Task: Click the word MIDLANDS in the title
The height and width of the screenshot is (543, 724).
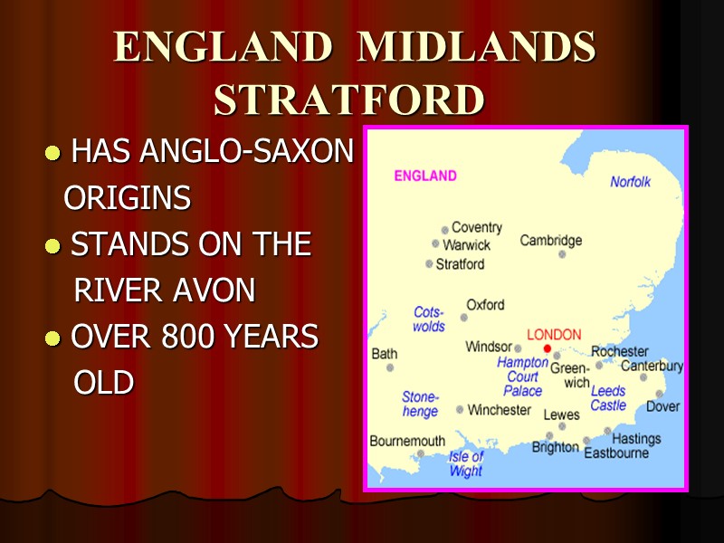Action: coord(477,47)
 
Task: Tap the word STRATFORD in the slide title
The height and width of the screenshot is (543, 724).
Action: coord(348,100)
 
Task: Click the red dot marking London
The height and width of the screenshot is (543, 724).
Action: coord(546,348)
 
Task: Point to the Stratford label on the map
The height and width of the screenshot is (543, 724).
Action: coord(460,264)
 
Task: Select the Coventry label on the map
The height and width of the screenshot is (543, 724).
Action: coord(476,227)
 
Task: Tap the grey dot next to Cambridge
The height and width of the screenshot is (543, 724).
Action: coord(562,254)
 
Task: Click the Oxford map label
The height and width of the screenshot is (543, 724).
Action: coord(485,305)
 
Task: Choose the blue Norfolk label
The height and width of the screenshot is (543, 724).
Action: coord(630,182)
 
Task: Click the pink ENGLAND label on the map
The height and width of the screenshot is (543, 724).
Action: coord(425,176)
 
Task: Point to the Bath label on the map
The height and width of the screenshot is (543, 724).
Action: coord(385,354)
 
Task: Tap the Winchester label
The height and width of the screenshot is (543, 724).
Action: coord(500,410)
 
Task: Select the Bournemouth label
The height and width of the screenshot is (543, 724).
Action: coord(407,442)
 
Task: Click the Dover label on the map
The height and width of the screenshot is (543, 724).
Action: coord(662,406)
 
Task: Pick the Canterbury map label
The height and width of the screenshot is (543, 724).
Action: coord(652,367)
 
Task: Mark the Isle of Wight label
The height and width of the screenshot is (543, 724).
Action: coord(466,464)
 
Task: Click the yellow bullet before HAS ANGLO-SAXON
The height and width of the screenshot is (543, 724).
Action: coord(53,153)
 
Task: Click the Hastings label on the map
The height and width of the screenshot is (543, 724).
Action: coord(636,439)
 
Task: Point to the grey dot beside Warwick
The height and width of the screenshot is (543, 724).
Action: coord(435,243)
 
